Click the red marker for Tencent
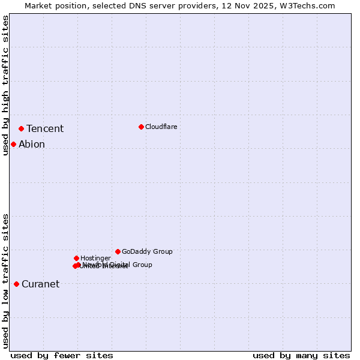pos(21,128)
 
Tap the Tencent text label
pos(45,129)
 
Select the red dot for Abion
pos(13,144)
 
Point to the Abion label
pos(32,145)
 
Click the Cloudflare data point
pos(141,127)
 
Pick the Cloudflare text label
pos(161,127)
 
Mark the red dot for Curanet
pos(16,284)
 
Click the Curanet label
pos(40,284)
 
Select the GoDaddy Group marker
pos(118,251)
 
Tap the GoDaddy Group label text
pos(147,252)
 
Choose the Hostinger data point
pos(76,258)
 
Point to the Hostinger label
pos(95,259)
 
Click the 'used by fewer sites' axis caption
pos(62,356)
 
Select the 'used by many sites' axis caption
pos(301,356)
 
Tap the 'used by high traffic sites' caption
pos(6,86)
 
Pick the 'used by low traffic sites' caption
pos(6,281)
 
